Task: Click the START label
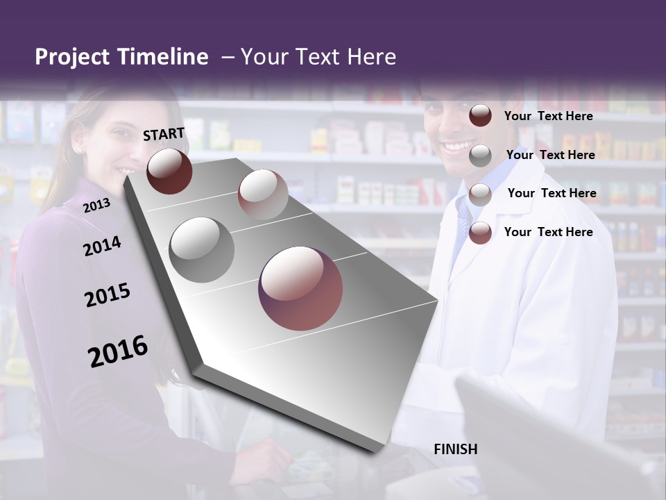tap(164, 134)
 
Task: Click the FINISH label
tap(456, 449)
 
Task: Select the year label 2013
tap(96, 205)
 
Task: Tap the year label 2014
tap(102, 247)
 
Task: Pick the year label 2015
tap(108, 296)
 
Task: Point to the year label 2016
tap(118, 351)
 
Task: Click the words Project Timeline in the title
tap(121, 57)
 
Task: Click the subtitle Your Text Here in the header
tap(318, 57)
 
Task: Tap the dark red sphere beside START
tap(169, 171)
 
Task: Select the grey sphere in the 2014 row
tap(201, 249)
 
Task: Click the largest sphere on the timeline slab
tap(300, 288)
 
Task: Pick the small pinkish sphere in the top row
tap(262, 194)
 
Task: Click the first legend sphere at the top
tap(480, 116)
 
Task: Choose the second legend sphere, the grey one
tap(480, 156)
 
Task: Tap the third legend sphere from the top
tap(480, 194)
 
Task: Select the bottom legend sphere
tap(480, 233)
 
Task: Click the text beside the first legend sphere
tap(548, 116)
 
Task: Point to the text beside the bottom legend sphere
tap(548, 232)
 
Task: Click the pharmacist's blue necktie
tap(463, 222)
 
